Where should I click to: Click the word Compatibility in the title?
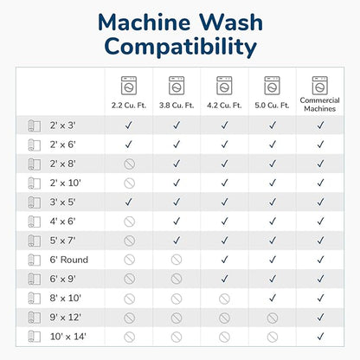181,48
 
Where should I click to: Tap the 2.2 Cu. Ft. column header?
129,106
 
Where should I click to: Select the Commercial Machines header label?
320,105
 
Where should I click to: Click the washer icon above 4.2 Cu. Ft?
224,86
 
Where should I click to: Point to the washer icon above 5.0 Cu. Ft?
272,86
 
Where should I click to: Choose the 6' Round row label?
69,260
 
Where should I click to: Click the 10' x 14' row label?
68,337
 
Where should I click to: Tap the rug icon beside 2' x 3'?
34,125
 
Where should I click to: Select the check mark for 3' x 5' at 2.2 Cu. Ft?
129,202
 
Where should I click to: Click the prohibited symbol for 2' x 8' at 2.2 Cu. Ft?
129,164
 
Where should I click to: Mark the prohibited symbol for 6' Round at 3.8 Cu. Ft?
177,260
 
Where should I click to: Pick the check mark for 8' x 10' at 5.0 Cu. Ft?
273,298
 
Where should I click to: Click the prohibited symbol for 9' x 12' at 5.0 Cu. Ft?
273,318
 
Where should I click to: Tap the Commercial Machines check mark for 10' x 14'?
320,337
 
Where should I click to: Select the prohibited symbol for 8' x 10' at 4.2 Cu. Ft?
224,299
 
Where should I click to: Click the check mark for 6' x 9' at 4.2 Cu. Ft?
224,279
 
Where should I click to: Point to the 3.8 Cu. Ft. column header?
177,106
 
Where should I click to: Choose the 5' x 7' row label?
62,241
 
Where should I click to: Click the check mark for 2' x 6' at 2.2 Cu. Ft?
129,145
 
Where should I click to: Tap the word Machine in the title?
148,22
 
